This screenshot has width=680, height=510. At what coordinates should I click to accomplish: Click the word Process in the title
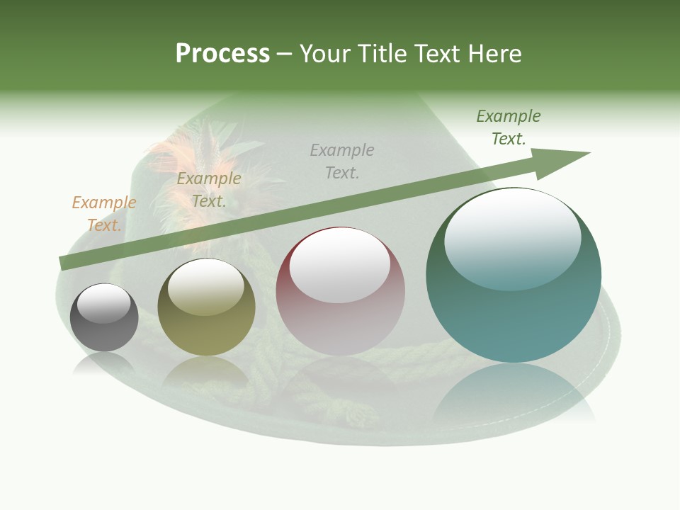[222, 54]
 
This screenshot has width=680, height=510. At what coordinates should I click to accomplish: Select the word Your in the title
[327, 54]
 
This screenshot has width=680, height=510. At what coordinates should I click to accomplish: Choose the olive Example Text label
[209, 190]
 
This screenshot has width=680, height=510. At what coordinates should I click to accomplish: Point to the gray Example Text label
[342, 161]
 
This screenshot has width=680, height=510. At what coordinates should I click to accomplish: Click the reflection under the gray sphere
[104, 364]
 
